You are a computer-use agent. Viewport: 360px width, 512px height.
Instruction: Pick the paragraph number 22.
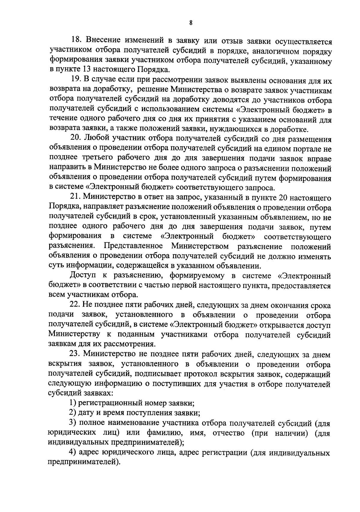tap(76, 306)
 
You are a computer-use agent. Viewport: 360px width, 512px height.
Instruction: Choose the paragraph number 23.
tap(76, 355)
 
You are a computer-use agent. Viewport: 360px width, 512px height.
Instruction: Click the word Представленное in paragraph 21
tap(133, 247)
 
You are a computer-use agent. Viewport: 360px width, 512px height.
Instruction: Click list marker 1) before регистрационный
tap(73, 404)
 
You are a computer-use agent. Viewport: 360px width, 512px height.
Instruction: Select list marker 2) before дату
tap(73, 413)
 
